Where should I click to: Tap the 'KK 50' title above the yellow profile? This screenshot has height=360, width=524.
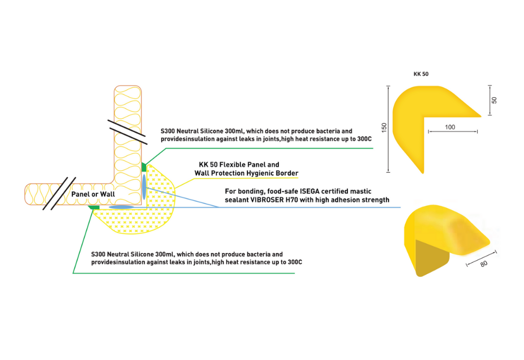pos(421,74)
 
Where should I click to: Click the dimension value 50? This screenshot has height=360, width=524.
pos(494,100)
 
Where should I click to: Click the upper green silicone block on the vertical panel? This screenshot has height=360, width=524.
pos(144,167)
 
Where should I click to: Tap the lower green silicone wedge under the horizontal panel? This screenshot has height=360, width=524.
pos(94,207)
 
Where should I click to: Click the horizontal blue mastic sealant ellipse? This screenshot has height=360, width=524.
pos(121,207)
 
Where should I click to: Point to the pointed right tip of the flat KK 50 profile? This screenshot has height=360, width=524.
pos(480,116)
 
